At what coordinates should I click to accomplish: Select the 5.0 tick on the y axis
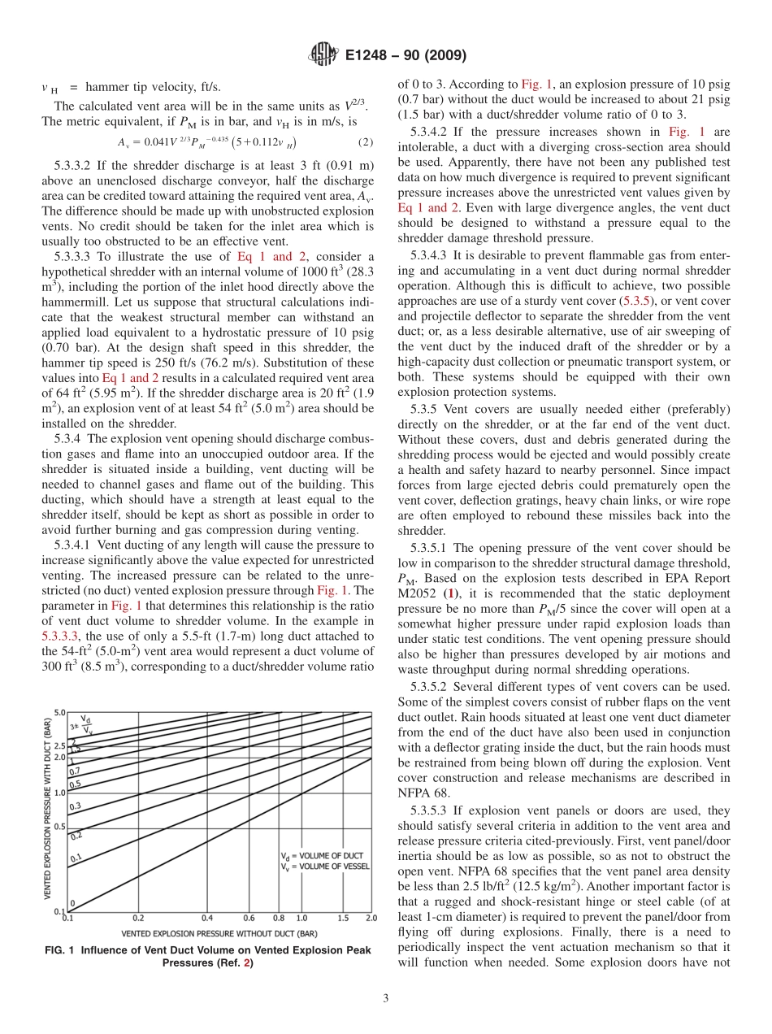tap(60, 713)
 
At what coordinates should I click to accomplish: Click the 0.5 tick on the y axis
tap(60, 826)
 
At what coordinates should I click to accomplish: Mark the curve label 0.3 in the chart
tap(75, 806)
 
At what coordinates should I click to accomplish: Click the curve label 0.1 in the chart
tap(76, 858)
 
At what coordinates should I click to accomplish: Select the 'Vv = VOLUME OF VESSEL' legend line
tap(324, 867)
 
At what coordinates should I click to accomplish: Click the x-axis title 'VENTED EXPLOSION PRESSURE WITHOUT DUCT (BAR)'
tap(219, 933)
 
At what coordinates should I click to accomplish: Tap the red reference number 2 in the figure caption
tap(249, 963)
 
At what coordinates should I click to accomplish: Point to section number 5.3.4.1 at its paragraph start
tap(77, 545)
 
